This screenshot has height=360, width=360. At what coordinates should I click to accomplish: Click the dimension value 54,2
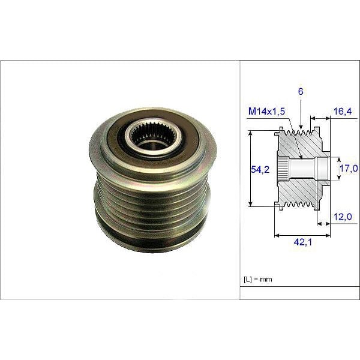[259, 170]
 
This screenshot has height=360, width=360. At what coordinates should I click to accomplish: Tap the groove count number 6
[300, 91]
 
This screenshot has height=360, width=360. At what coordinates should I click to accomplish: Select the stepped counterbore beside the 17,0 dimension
[323, 169]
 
